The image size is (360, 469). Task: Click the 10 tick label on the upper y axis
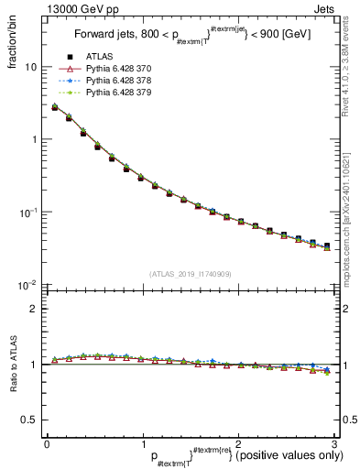[x=30, y=68]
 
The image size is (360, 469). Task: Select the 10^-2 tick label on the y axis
[x=27, y=286]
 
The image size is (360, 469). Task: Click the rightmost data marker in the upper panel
[x=327, y=246]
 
